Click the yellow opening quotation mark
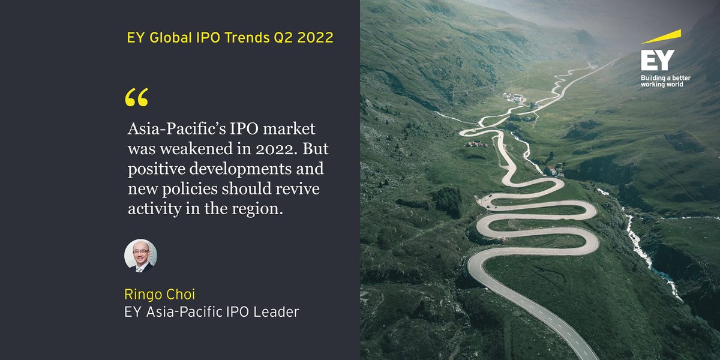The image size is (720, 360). (x=137, y=98)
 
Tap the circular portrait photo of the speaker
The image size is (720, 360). (x=140, y=256)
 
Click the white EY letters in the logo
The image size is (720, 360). (x=657, y=62)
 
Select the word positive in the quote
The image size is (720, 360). (x=155, y=169)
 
